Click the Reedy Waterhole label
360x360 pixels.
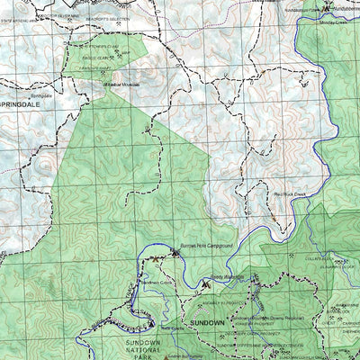coord(227,278)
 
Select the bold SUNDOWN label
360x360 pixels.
coord(208,321)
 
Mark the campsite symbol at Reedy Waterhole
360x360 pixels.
coord(207,284)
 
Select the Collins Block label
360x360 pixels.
coord(319,259)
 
